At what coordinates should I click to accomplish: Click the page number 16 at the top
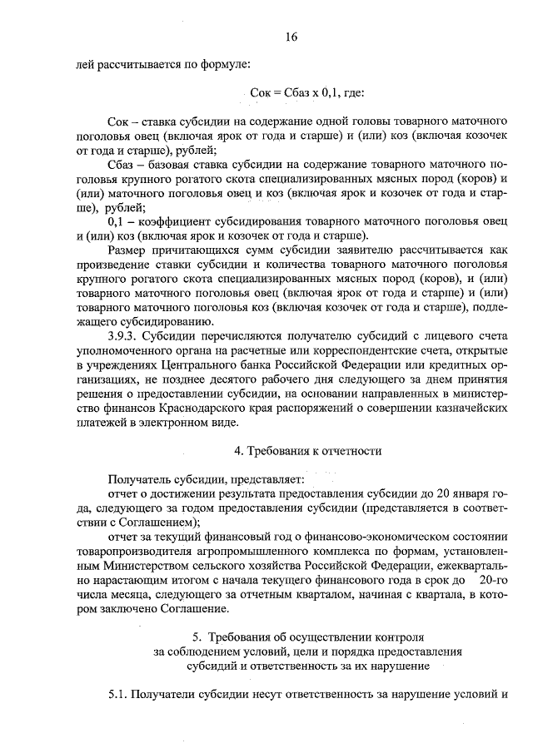pos(291,37)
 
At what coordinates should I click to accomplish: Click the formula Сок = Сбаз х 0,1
pos(306,94)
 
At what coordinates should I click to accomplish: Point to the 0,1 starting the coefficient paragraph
pos(117,222)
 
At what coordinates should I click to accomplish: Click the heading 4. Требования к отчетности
pos(307,451)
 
